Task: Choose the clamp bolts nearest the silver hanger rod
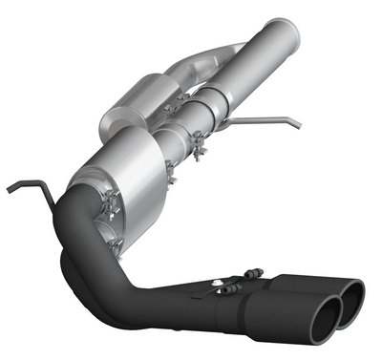(x=200, y=144)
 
